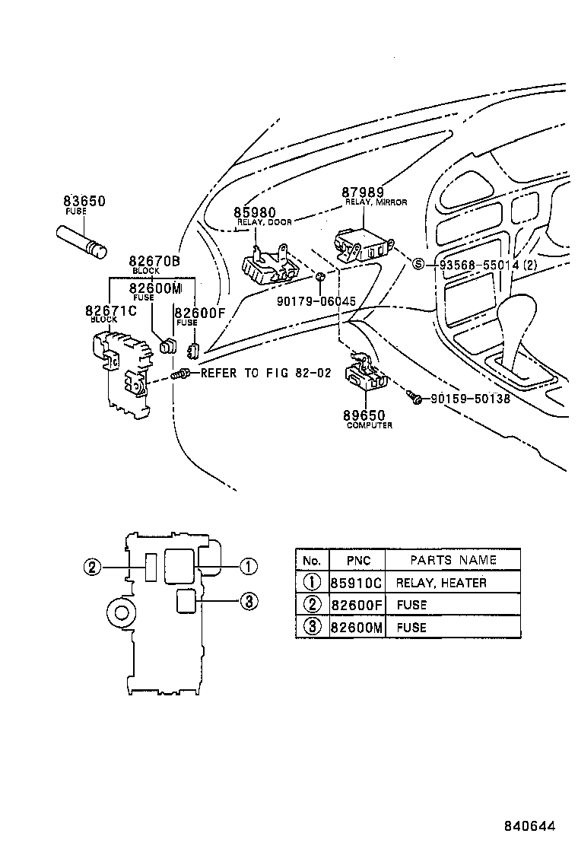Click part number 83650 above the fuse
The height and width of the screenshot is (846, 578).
click(84, 202)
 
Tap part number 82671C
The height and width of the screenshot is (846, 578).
click(111, 310)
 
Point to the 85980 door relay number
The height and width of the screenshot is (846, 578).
click(255, 212)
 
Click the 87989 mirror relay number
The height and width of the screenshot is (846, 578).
click(362, 193)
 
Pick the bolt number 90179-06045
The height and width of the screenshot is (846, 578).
click(316, 301)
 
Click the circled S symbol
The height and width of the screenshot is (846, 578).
click(417, 265)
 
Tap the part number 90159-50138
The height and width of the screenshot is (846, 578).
click(470, 398)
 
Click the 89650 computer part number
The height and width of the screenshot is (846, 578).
click(364, 415)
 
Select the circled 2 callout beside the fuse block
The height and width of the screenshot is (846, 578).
click(91, 567)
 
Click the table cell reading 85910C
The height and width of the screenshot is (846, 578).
click(355, 583)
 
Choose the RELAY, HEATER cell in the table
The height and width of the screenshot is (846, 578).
click(441, 583)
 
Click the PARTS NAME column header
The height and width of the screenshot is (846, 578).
click(453, 560)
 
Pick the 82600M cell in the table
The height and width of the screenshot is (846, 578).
click(355, 628)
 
